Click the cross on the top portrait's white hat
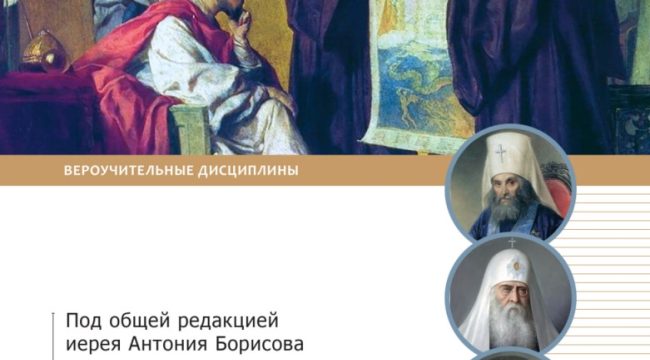pyautogui.click(x=496, y=136)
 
